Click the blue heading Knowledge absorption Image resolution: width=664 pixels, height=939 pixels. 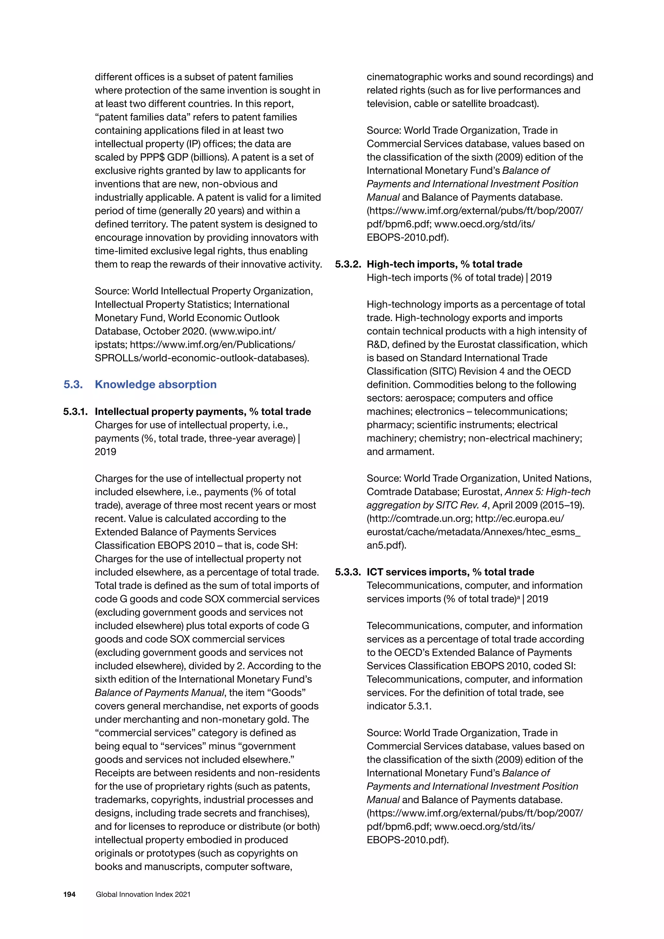click(x=155, y=385)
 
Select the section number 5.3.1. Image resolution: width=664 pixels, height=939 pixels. click(x=75, y=411)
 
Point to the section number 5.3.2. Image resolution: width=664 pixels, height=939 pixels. click(x=348, y=264)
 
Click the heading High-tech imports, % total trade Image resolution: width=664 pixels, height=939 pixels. click(x=444, y=264)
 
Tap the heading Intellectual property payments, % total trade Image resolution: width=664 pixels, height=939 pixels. click(x=203, y=411)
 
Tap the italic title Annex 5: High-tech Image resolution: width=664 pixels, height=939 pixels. click(x=548, y=492)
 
